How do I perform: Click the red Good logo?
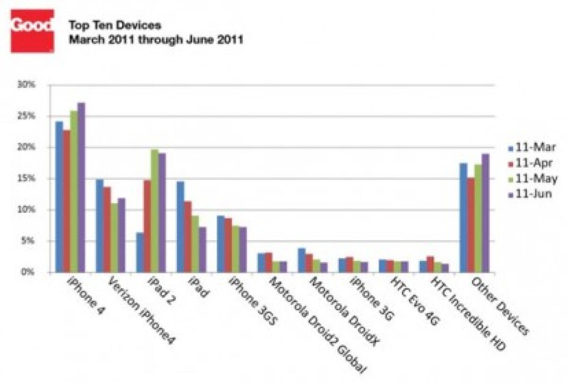tap(33, 31)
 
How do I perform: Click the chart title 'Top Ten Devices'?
tap(115, 26)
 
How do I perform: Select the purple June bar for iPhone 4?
tap(81, 187)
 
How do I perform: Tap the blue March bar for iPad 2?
tap(140, 252)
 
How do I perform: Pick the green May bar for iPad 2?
tap(155, 211)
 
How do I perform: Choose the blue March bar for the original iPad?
tap(180, 227)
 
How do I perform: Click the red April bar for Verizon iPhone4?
tap(107, 230)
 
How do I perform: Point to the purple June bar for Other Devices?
tap(485, 213)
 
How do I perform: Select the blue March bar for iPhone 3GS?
tap(221, 244)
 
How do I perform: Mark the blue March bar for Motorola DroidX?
tap(302, 260)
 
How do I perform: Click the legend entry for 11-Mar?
tap(532, 148)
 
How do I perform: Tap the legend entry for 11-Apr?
tap(530, 163)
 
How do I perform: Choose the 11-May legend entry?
tap(533, 179)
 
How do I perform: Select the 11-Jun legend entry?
tap(530, 194)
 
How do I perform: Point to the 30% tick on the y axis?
tap(26, 85)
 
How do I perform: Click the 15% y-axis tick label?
tap(26, 178)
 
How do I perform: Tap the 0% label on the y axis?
tap(28, 272)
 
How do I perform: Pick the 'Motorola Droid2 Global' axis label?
tap(318, 325)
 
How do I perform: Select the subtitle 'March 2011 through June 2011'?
tap(156, 40)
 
